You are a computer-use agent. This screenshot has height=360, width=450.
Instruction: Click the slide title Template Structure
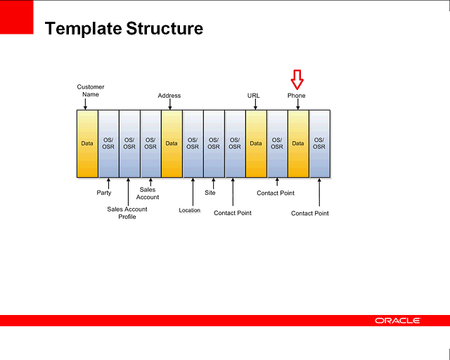pos(124,29)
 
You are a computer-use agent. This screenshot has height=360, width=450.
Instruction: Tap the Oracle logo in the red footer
pos(397,321)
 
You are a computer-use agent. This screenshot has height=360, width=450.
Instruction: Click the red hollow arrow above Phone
pos(297,79)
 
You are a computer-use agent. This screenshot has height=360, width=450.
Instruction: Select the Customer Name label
pos(90,91)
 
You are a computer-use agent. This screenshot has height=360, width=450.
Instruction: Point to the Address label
pos(169,96)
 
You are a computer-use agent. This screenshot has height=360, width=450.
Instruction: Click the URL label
pos(254,96)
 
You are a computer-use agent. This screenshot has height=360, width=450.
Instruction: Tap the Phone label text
pos(296,96)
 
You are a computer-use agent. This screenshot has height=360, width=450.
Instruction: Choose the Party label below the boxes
pos(103,193)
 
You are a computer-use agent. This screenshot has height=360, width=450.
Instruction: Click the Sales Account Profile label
pos(127,213)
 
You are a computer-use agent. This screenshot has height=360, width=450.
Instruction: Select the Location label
pos(189,210)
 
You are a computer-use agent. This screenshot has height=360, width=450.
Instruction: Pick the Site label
pos(210,193)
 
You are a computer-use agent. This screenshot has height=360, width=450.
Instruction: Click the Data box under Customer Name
pos(87,143)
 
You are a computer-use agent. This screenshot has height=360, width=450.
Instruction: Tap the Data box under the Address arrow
pos(172,143)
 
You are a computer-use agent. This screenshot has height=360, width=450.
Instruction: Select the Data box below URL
pos(256,143)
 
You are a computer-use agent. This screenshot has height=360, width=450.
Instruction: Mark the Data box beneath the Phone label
pos(298,143)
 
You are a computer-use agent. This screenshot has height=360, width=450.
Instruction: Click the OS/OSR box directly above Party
pos(108,143)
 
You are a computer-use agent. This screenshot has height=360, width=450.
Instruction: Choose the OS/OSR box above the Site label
pos(214,143)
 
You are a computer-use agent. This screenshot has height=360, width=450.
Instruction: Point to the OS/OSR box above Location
pos(193,143)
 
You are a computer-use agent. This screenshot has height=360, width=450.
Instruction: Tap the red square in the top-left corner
pos(17,17)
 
